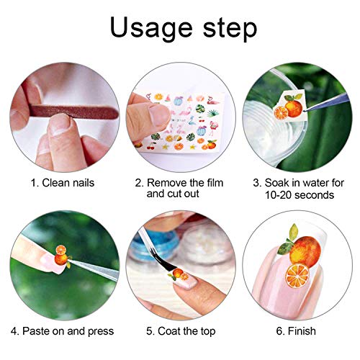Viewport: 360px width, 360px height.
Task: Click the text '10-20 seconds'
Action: click(299, 195)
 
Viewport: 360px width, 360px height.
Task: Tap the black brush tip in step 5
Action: click(157, 272)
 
